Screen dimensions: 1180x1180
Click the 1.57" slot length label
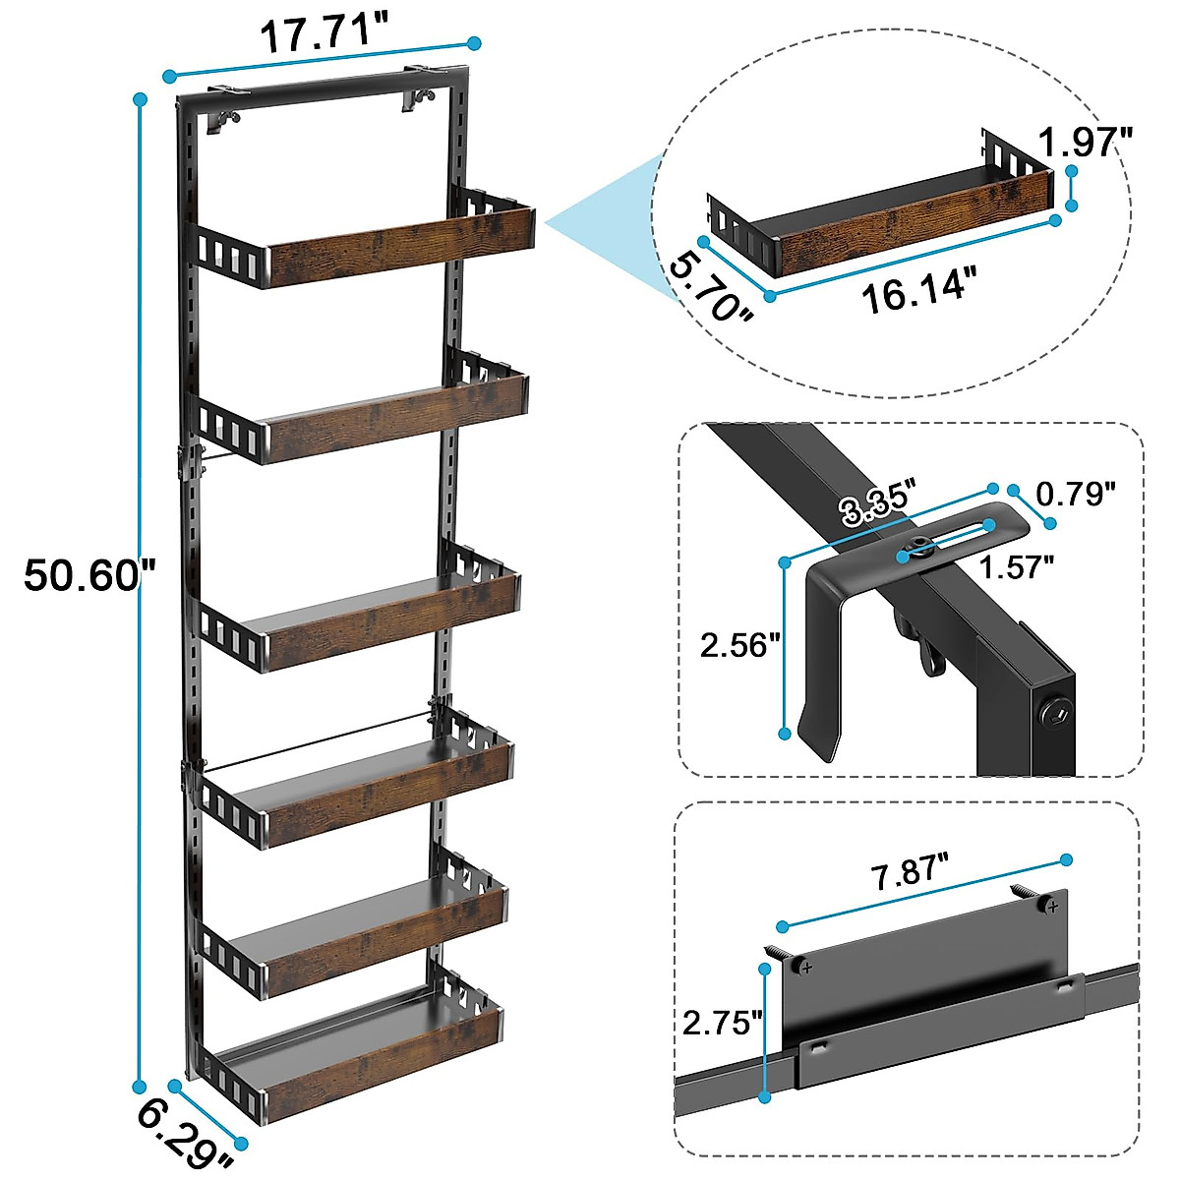tap(1017, 566)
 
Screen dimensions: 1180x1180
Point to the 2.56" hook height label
tap(739, 645)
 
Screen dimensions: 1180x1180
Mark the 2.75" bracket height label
tap(722, 1022)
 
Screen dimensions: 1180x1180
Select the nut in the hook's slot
tap(920, 549)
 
